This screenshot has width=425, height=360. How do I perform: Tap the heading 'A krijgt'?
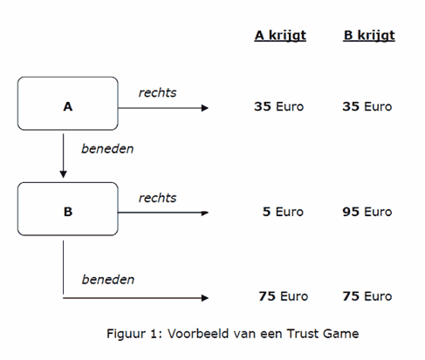pyautogui.click(x=280, y=36)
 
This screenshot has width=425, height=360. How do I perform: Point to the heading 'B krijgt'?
pyautogui.click(x=369, y=36)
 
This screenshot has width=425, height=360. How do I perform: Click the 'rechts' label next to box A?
pyautogui.click(x=157, y=92)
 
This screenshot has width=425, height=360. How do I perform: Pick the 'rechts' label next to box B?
pyautogui.click(x=157, y=198)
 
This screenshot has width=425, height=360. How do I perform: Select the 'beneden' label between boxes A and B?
pyautogui.click(x=107, y=148)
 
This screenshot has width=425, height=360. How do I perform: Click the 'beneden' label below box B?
pyautogui.click(x=108, y=280)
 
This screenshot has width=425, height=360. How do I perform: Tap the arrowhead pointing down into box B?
pyautogui.click(x=63, y=174)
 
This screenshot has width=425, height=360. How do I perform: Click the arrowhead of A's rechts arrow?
pyautogui.click(x=205, y=108)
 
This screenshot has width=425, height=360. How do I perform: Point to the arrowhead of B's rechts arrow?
pyautogui.click(x=205, y=213)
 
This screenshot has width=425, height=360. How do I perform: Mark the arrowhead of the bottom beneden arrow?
pyautogui.click(x=205, y=298)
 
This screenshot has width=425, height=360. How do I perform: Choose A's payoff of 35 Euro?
pyautogui.click(x=278, y=106)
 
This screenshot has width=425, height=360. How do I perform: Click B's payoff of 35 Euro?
pyautogui.click(x=367, y=106)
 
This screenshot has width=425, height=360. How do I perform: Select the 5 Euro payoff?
pyautogui.click(x=283, y=212)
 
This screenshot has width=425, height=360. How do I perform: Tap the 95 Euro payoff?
pyautogui.click(x=367, y=212)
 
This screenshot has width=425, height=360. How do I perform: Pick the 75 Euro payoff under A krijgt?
pyautogui.click(x=284, y=296)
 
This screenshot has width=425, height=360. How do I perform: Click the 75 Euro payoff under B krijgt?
pyautogui.click(x=367, y=296)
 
